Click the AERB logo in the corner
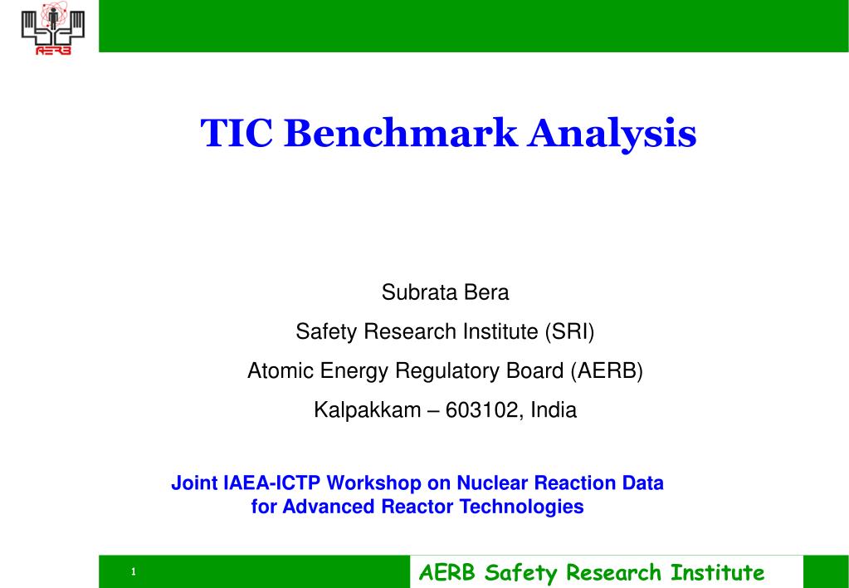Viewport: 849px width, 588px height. (53, 27)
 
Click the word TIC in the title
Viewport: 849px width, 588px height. (236, 133)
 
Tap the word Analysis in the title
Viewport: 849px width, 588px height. (612, 135)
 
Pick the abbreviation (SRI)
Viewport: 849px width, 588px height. (569, 331)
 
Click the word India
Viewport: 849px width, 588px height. (554, 409)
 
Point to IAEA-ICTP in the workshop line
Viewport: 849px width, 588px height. (272, 483)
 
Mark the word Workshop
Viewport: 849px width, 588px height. (374, 483)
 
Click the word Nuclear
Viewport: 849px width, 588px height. (492, 483)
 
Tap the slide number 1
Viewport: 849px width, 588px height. (133, 571)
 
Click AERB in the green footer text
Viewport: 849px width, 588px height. (448, 572)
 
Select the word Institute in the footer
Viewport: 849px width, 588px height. (717, 572)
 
